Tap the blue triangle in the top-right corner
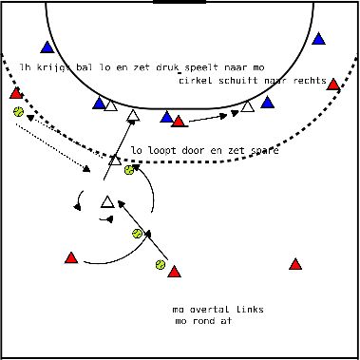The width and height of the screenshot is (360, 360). click(x=319, y=40)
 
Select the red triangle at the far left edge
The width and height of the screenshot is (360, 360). click(x=16, y=93)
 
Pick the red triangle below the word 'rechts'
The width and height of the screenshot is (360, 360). click(x=333, y=85)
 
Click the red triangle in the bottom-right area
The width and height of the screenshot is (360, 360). click(x=295, y=264)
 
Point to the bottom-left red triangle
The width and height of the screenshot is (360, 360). click(x=70, y=257)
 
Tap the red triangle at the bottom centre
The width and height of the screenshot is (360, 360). click(x=173, y=273)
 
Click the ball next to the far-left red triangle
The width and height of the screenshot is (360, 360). click(x=18, y=111)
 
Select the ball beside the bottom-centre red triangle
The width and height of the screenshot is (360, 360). click(x=161, y=265)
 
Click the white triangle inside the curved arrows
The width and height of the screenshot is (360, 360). click(x=107, y=201)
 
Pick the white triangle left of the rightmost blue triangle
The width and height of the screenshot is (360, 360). click(x=247, y=106)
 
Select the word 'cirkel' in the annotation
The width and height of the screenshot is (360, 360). click(x=195, y=81)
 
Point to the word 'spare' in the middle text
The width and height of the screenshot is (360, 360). click(x=262, y=150)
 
